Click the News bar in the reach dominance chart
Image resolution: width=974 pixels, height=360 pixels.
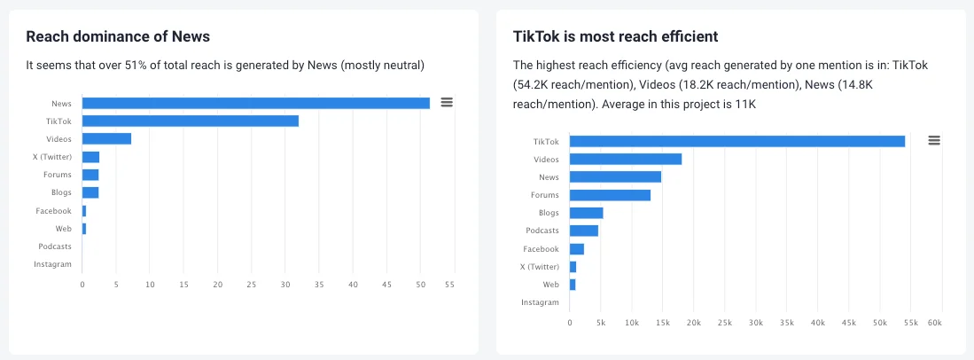(255, 103)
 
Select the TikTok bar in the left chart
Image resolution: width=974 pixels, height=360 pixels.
(190, 121)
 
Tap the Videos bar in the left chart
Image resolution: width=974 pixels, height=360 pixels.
(106, 138)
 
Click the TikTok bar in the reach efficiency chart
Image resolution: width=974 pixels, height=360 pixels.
(736, 141)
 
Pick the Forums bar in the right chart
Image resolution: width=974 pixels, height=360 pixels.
(610, 195)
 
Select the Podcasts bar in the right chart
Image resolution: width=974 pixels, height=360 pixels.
(583, 231)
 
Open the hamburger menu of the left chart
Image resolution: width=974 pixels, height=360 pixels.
(447, 103)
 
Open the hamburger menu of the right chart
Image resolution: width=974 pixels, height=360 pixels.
(933, 140)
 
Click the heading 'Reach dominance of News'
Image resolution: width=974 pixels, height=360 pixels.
(118, 36)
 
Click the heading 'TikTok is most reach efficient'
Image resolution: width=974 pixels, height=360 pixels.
(615, 36)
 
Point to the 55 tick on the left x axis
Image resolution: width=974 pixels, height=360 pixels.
(449, 285)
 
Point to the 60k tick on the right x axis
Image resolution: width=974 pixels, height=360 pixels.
(934, 323)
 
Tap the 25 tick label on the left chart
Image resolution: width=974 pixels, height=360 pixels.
(252, 285)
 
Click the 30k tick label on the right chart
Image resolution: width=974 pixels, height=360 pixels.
(756, 323)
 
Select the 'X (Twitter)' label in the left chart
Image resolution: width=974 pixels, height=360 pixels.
(52, 157)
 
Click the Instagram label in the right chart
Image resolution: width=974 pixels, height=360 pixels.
(541, 302)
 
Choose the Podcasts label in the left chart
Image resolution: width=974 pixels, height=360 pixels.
(55, 247)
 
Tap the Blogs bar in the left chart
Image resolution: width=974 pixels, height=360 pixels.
(90, 192)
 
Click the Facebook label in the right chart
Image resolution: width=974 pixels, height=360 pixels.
(541, 249)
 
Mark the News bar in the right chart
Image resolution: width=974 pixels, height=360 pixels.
(615, 176)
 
